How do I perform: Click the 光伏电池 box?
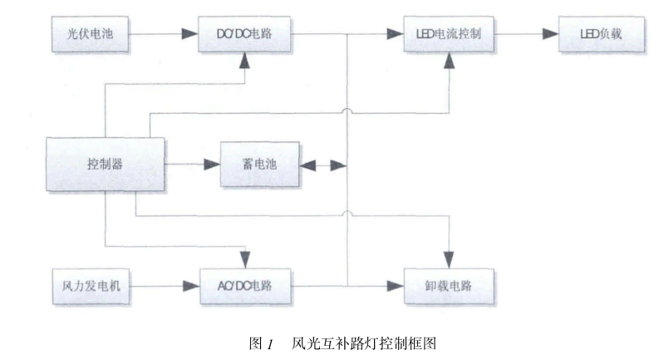pos(87,35)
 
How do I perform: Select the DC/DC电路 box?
pos(246,35)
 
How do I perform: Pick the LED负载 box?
pos(601,35)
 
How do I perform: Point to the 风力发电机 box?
pos(87,286)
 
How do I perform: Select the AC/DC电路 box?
pos(246,286)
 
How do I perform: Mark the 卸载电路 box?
pos(450,287)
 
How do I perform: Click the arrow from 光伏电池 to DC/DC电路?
pos(163,35)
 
